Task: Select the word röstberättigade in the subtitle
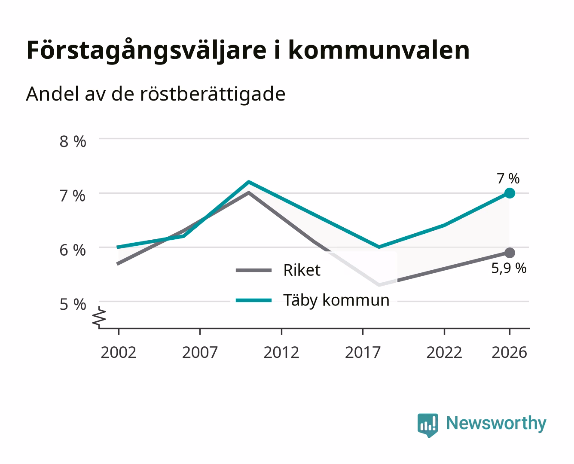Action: [213, 95]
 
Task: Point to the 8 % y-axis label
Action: [73, 141]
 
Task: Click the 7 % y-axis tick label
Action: [73, 196]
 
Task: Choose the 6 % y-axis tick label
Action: [73, 250]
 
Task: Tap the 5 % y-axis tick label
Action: [73, 305]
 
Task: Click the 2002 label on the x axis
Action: [118, 352]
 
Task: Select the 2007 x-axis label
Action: [200, 352]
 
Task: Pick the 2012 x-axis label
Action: [281, 352]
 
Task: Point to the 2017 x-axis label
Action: [363, 352]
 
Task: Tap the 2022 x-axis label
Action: [444, 352]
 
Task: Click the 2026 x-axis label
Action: [509, 352]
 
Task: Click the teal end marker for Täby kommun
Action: [510, 193]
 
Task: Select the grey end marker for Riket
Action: [510, 253]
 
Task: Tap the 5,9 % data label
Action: [509, 268]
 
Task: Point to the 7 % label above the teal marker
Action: [508, 178]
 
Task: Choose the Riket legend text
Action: [302, 270]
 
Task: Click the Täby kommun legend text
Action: [336, 300]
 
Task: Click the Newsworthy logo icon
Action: [427, 425]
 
